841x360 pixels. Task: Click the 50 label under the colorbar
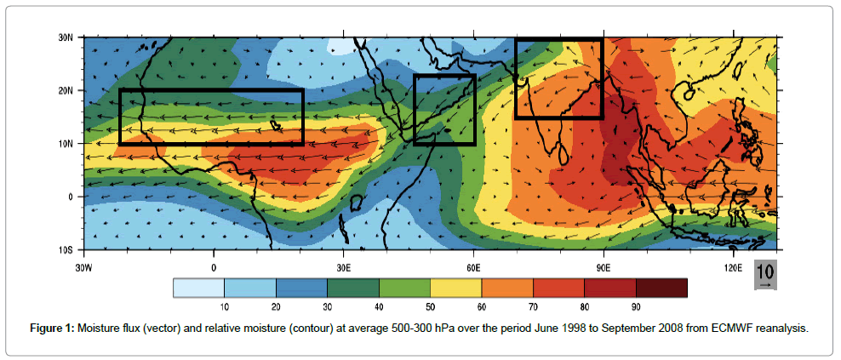point(430,307)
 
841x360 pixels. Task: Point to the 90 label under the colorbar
point(636,307)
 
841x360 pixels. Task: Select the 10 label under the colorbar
point(224,307)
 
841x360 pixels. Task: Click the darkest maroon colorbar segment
point(661,288)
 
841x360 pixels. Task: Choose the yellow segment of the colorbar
point(456,288)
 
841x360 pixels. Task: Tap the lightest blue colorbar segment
point(198,288)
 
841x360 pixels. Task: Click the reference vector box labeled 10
point(765,275)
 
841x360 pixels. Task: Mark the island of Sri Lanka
point(563,155)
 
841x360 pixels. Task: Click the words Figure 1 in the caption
point(51,329)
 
